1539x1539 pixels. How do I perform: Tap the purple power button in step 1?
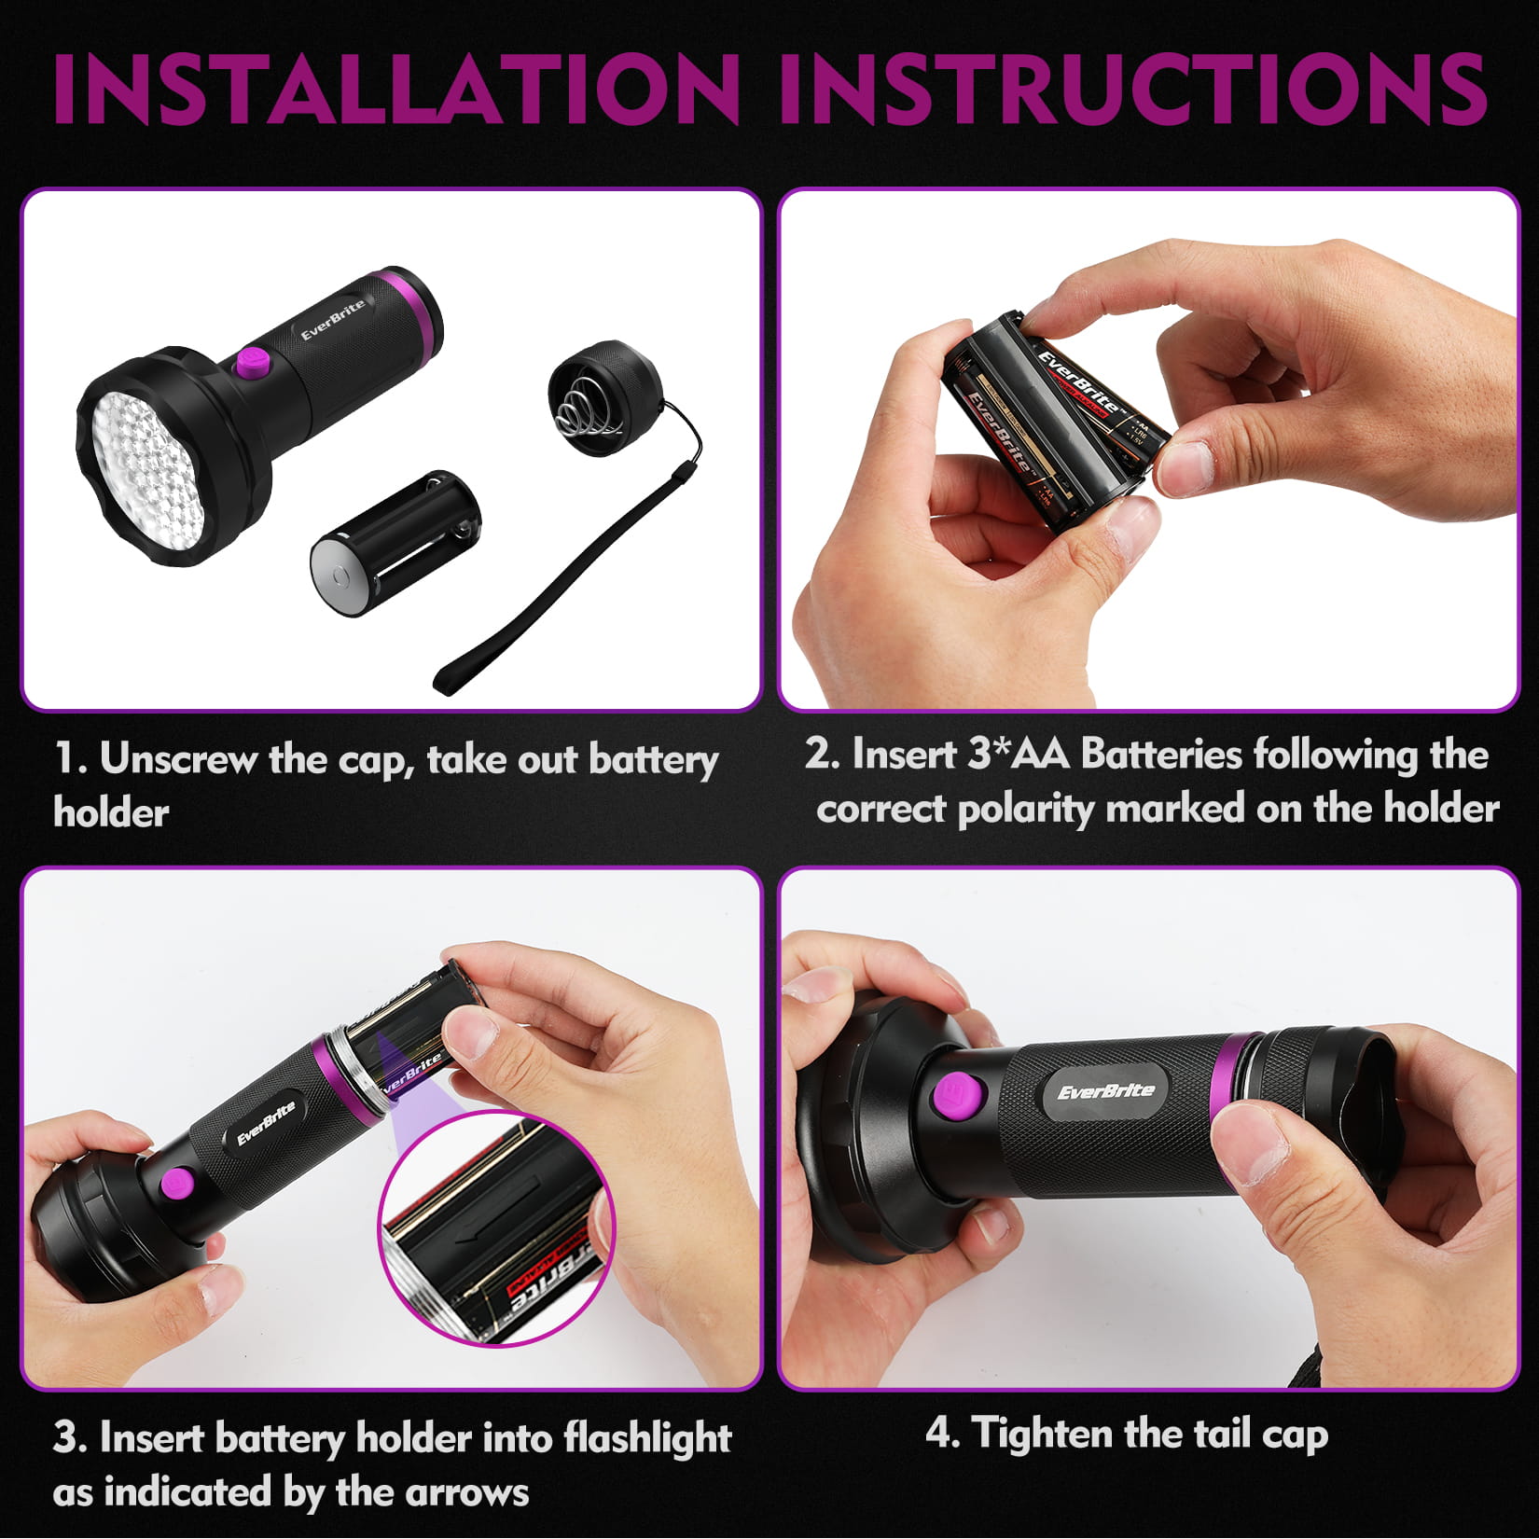pyautogui.click(x=253, y=363)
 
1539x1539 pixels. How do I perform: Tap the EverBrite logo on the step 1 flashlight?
pyautogui.click(x=333, y=319)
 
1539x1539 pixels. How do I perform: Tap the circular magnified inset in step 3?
pyautogui.click(x=497, y=1229)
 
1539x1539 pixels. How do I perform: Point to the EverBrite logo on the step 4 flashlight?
pyautogui.click(x=1105, y=1092)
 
